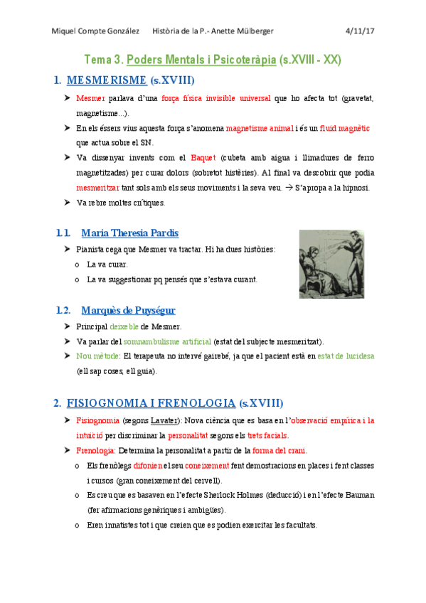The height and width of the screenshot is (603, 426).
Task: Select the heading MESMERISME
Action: pos(107,80)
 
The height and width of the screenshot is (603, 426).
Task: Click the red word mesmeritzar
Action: pos(98,188)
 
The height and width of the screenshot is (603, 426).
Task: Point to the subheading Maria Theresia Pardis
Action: pos(130,233)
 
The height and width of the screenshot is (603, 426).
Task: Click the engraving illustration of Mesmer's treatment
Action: pos(331,263)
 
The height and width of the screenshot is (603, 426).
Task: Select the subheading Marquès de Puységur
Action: pos(128,310)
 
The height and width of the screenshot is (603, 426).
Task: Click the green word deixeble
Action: pos(124,326)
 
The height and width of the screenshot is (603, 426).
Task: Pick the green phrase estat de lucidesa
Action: pos(346,356)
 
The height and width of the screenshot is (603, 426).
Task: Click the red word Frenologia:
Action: pos(96,450)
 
